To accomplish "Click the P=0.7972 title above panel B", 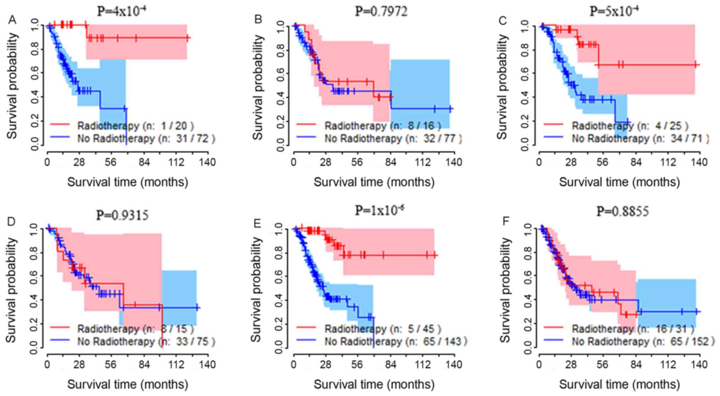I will [x=381, y=11].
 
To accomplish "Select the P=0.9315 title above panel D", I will [x=122, y=215].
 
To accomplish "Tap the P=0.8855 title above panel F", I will [x=623, y=211].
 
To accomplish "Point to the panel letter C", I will [x=502, y=21].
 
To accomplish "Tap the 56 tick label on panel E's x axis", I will [x=357, y=364].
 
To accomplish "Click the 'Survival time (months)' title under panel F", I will [x=619, y=384].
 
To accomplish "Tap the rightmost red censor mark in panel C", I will [x=696, y=65].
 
